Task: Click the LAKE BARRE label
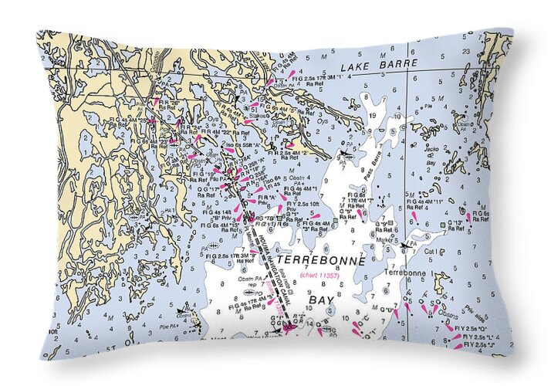coord(388,63)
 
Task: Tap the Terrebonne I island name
coord(404,273)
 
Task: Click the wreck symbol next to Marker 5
coord(406,245)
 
